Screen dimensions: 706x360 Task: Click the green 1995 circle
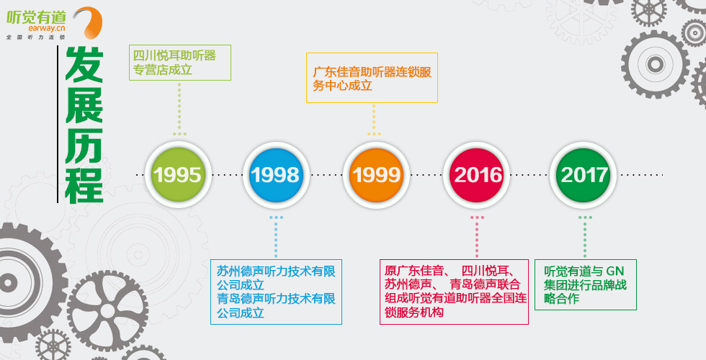pyautogui.click(x=177, y=174)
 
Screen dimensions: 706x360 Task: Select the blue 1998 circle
pyautogui.click(x=275, y=174)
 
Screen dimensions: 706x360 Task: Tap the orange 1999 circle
pyautogui.click(x=376, y=174)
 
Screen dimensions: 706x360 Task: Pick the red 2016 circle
pyautogui.click(x=476, y=174)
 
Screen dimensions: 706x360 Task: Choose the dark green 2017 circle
pyautogui.click(x=583, y=174)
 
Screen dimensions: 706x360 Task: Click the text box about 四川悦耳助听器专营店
pyautogui.click(x=180, y=63)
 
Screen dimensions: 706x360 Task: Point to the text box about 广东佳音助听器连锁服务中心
pyautogui.click(x=372, y=78)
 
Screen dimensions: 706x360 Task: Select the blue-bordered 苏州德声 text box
pyautogui.click(x=276, y=292)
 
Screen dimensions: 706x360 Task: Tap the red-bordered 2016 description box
pyautogui.click(x=454, y=292)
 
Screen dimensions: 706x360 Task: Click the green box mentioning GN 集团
pyautogui.click(x=585, y=284)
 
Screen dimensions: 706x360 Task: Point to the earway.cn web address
pyautogui.click(x=47, y=28)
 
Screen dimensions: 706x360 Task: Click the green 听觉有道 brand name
pyautogui.click(x=36, y=17)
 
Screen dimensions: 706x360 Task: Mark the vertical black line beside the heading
pyautogui.click(x=58, y=124)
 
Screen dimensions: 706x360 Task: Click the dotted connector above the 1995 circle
pyautogui.click(x=179, y=109)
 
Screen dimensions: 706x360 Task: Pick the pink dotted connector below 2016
pyautogui.click(x=477, y=237)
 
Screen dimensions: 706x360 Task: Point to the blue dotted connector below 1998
pyautogui.click(x=276, y=237)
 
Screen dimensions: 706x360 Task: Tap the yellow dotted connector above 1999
pyautogui.click(x=374, y=120)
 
